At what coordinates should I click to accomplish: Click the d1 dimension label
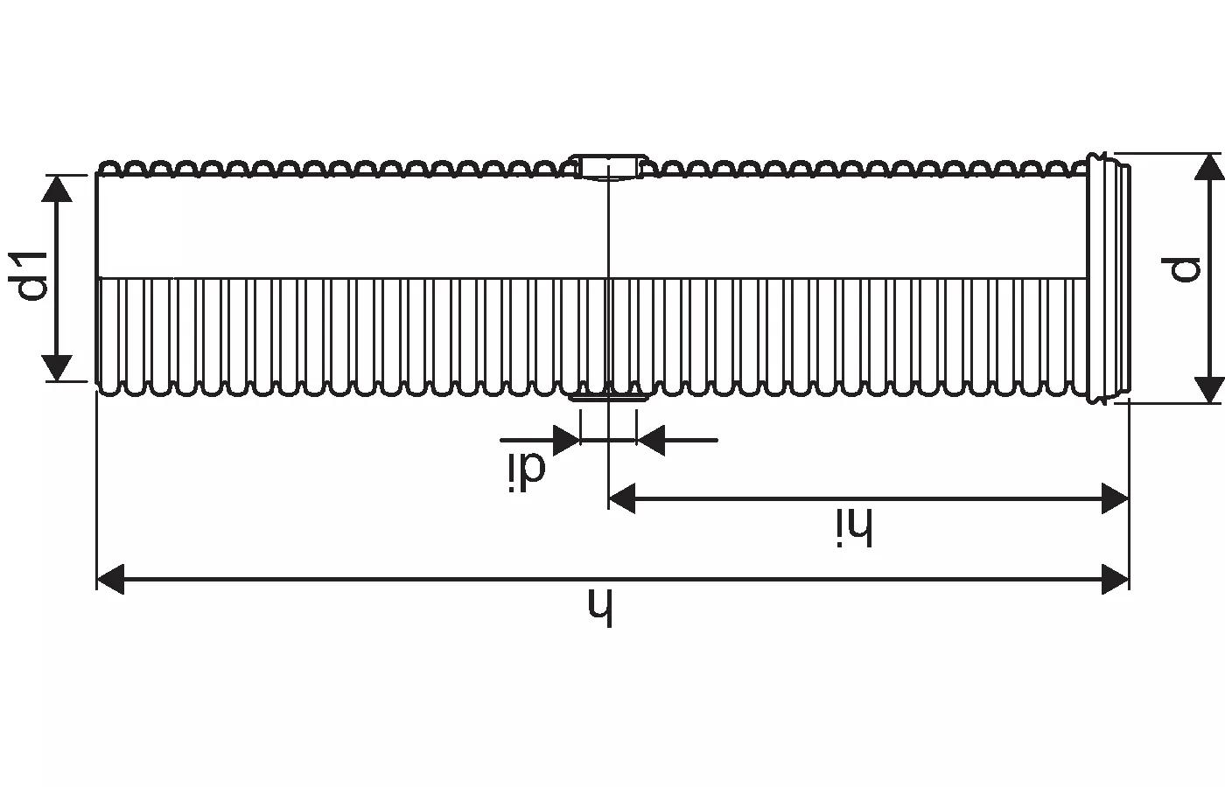tap(28, 276)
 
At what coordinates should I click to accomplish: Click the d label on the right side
tap(1180, 269)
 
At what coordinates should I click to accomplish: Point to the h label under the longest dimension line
tap(600, 607)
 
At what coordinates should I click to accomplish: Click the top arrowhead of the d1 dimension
tap(57, 189)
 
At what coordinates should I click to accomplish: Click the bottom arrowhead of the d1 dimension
tap(57, 367)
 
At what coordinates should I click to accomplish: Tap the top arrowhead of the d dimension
tap(1209, 167)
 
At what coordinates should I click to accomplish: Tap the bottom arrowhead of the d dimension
tap(1209, 390)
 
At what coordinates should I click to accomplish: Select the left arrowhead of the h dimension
tap(110, 579)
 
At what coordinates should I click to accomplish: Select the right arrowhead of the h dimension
tap(1115, 579)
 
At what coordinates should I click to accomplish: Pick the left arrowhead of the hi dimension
tap(622, 498)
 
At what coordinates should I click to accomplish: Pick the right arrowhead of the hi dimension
tap(1115, 498)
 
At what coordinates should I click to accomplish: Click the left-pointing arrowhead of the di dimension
tap(651, 440)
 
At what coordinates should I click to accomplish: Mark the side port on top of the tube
tap(608, 166)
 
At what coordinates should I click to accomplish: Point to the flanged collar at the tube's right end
tap(1108, 279)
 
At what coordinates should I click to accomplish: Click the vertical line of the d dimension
tap(1209, 279)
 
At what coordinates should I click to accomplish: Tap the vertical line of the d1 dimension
tap(57, 278)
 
